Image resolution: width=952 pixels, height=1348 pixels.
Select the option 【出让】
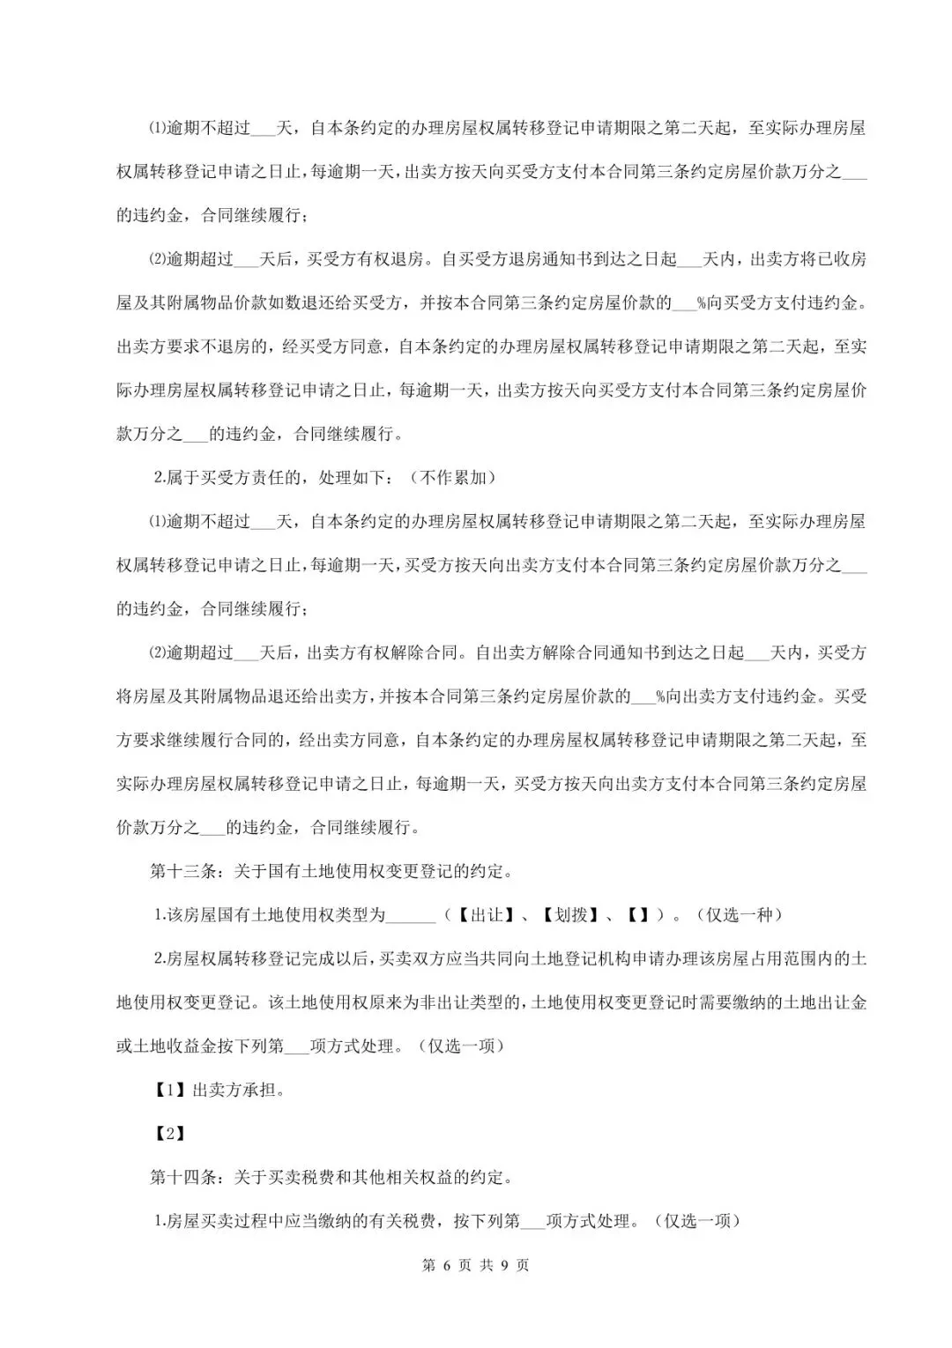[486, 915]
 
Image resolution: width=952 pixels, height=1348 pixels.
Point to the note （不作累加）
[453, 478]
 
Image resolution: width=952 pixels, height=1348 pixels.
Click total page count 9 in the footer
[505, 1265]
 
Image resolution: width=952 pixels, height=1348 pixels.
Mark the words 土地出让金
[824, 1002]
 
